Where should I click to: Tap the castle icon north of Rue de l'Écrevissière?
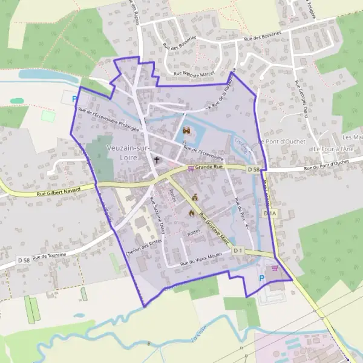tap(187, 130)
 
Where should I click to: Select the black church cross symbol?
tap(157, 160)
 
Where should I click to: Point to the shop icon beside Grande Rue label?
tap(191, 168)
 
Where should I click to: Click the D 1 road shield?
tap(238, 250)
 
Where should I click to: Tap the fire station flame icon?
tap(192, 213)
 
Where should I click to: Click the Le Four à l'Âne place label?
tap(333, 149)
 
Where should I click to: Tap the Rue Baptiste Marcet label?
tap(194, 74)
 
